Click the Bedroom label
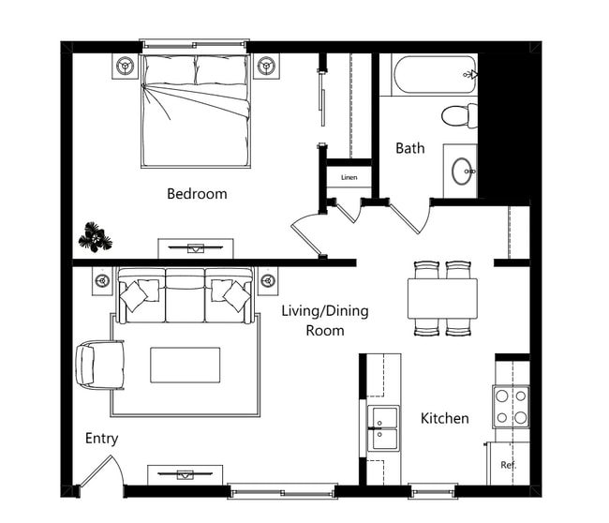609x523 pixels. point(197,194)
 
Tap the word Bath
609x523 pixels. point(409,148)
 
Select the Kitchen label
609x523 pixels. point(444,418)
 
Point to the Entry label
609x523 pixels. point(101,439)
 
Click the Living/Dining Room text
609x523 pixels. point(325,321)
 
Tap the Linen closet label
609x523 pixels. point(349,177)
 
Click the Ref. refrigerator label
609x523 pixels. point(508,465)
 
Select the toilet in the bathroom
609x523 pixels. point(458,115)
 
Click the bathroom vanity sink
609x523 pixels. point(461,172)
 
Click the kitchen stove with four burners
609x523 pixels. point(512,407)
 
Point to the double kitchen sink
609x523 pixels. point(382,427)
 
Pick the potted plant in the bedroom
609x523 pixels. point(95,237)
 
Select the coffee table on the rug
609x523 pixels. point(186,366)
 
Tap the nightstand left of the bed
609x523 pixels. point(126,66)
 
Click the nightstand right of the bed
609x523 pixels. point(267,66)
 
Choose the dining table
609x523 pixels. point(442,299)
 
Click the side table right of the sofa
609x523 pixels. point(268,280)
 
